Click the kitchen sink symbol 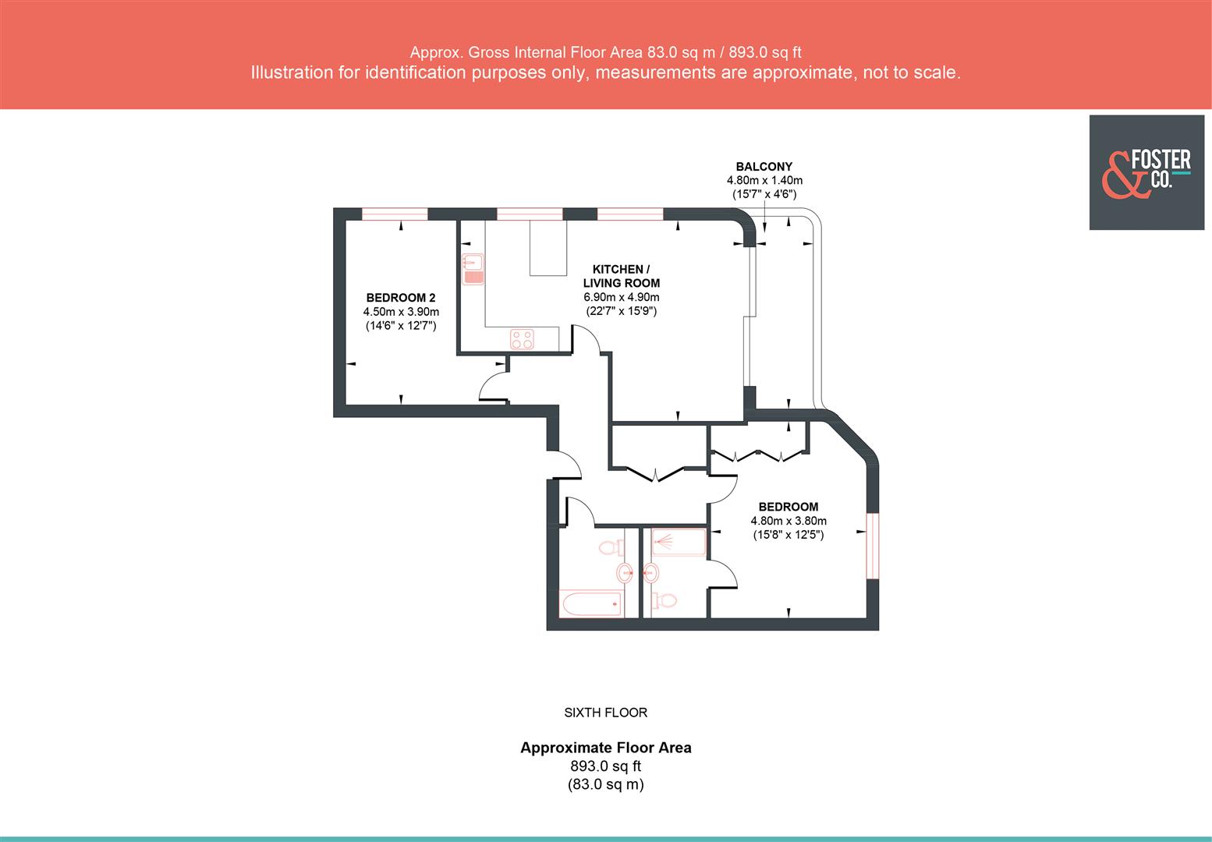coord(473,268)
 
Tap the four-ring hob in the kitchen coord(523,339)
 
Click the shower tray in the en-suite coord(678,543)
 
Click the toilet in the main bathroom coord(610,547)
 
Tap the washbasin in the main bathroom coord(625,574)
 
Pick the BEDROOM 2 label coord(401,298)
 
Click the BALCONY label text coord(764,166)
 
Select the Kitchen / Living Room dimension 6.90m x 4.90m coord(621,297)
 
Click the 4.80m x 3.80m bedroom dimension coord(788,521)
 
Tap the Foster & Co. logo coord(1146,172)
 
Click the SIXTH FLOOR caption coord(605,713)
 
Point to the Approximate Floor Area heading coord(605,748)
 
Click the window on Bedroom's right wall coord(873,545)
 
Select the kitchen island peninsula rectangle coord(548,247)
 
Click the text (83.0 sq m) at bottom coord(605,785)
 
